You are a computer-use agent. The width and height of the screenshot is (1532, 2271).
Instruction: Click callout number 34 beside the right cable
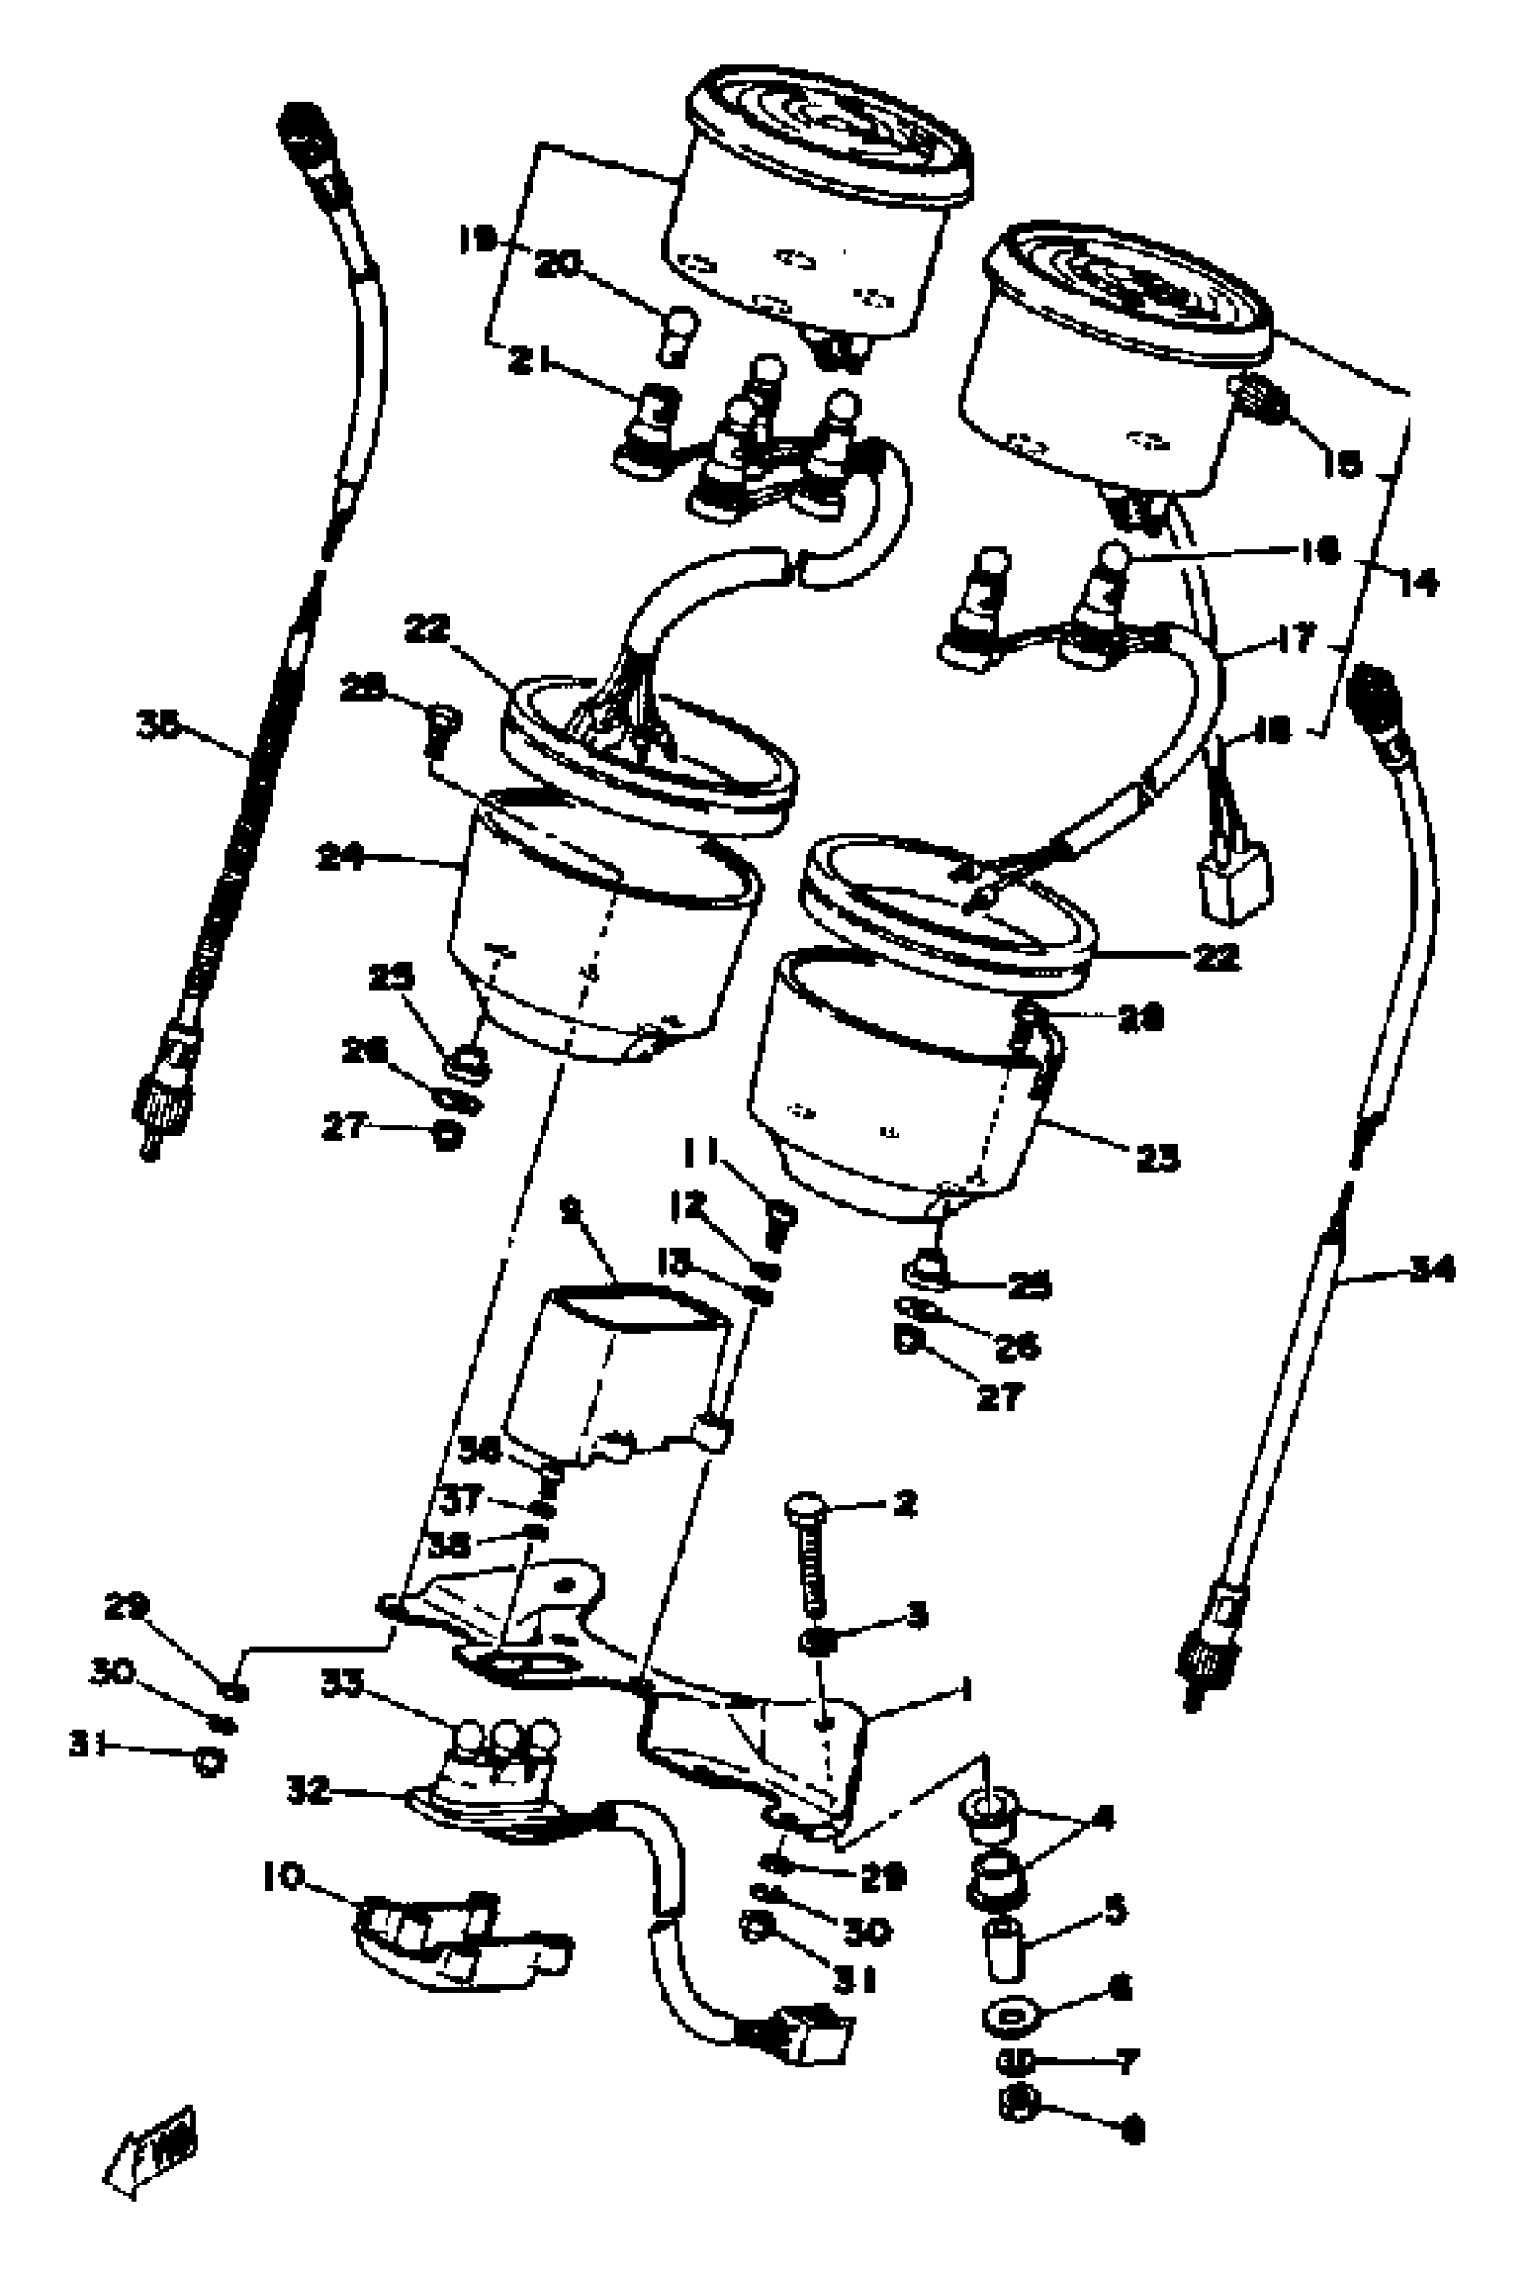[1430, 1270]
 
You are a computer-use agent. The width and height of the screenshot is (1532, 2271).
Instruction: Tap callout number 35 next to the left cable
[160, 726]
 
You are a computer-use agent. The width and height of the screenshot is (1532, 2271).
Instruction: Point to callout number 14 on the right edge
[1418, 585]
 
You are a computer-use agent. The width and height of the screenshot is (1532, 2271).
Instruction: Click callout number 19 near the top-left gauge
[479, 240]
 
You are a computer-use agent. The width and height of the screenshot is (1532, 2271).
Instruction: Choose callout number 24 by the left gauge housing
[340, 859]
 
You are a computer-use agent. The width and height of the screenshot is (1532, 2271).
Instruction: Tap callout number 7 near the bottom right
[1126, 2063]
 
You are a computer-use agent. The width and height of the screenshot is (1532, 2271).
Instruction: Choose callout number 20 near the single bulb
[558, 266]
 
